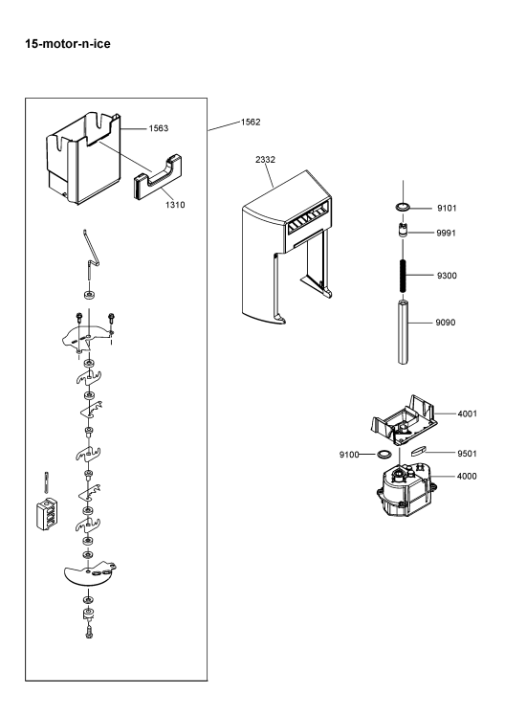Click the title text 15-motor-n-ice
(x=68, y=44)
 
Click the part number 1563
(x=159, y=128)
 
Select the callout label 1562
(x=251, y=122)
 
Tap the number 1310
(x=175, y=205)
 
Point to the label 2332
(x=265, y=160)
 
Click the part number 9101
(x=447, y=209)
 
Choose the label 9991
(x=447, y=233)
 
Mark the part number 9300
(x=447, y=276)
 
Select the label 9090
(x=446, y=323)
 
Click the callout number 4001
(x=468, y=413)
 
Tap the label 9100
(x=349, y=455)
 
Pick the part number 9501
(x=468, y=454)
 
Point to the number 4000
(x=467, y=476)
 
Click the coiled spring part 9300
(x=403, y=277)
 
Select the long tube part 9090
(x=403, y=331)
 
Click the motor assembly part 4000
(x=404, y=491)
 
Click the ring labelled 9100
(x=384, y=454)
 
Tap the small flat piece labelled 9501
(x=418, y=451)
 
